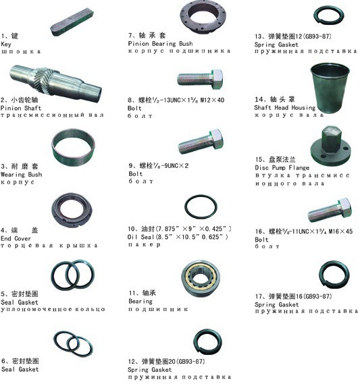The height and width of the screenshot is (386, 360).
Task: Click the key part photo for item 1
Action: point(72,22)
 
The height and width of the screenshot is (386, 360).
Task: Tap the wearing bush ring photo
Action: point(73,146)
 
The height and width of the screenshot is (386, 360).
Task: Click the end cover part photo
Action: point(72,210)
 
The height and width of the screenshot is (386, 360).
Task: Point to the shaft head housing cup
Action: point(330,87)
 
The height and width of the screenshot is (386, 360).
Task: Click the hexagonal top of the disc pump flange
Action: point(332,139)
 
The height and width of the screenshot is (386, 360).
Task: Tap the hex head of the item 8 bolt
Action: point(217,79)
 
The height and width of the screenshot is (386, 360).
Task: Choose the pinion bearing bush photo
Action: point(203,17)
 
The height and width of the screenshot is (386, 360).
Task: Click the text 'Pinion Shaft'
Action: point(21,108)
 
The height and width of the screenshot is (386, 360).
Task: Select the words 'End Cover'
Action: point(16,238)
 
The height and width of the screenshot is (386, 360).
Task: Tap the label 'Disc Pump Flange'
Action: point(282,167)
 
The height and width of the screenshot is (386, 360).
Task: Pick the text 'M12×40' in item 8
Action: point(212,100)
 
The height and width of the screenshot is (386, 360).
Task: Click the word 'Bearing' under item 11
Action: point(140,301)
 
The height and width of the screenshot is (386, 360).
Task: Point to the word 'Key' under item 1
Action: point(6,45)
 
